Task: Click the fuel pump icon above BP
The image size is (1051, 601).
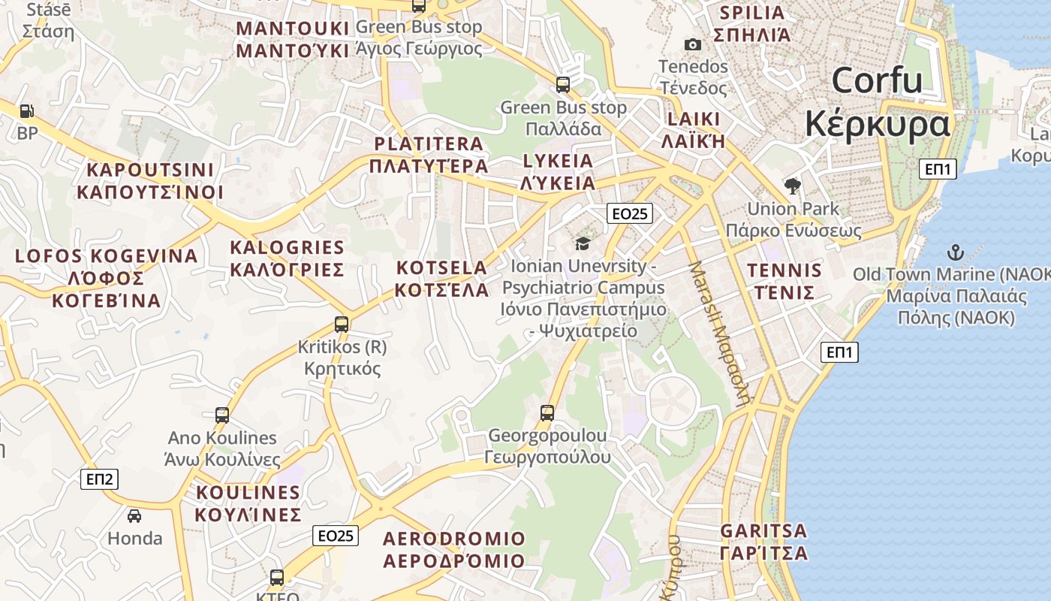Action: point(26,111)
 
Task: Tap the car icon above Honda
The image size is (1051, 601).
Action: point(134,516)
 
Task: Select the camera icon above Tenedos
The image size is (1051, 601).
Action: point(693,45)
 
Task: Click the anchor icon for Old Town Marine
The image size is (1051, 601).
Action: point(956,252)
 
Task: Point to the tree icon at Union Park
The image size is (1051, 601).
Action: point(792,186)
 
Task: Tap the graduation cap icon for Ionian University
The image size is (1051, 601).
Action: point(583,243)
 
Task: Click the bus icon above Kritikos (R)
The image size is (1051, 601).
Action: point(342,325)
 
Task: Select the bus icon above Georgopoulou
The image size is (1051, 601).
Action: point(547,412)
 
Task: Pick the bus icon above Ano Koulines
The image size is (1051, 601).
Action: point(222,415)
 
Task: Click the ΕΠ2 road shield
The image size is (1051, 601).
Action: point(99,479)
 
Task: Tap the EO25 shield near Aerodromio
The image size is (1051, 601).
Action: point(336,536)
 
